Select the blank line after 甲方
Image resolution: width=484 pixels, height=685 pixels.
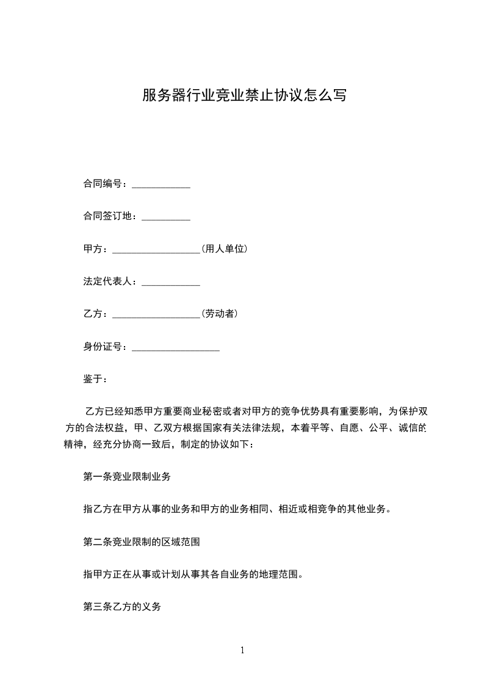coord(156,250)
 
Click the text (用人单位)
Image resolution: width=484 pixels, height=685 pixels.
coord(224,249)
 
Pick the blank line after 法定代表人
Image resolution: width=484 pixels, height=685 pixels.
coord(171,283)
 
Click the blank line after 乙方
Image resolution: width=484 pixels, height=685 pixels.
coord(156,316)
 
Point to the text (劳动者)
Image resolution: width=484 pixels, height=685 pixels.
coord(219,314)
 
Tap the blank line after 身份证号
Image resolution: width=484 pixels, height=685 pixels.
coord(176,349)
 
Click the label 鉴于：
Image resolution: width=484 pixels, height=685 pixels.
coord(95,379)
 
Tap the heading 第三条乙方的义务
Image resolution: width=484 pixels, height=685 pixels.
coord(122,607)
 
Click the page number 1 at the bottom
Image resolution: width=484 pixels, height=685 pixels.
coord(242,650)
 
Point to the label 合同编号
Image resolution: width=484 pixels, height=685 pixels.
coord(103,184)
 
